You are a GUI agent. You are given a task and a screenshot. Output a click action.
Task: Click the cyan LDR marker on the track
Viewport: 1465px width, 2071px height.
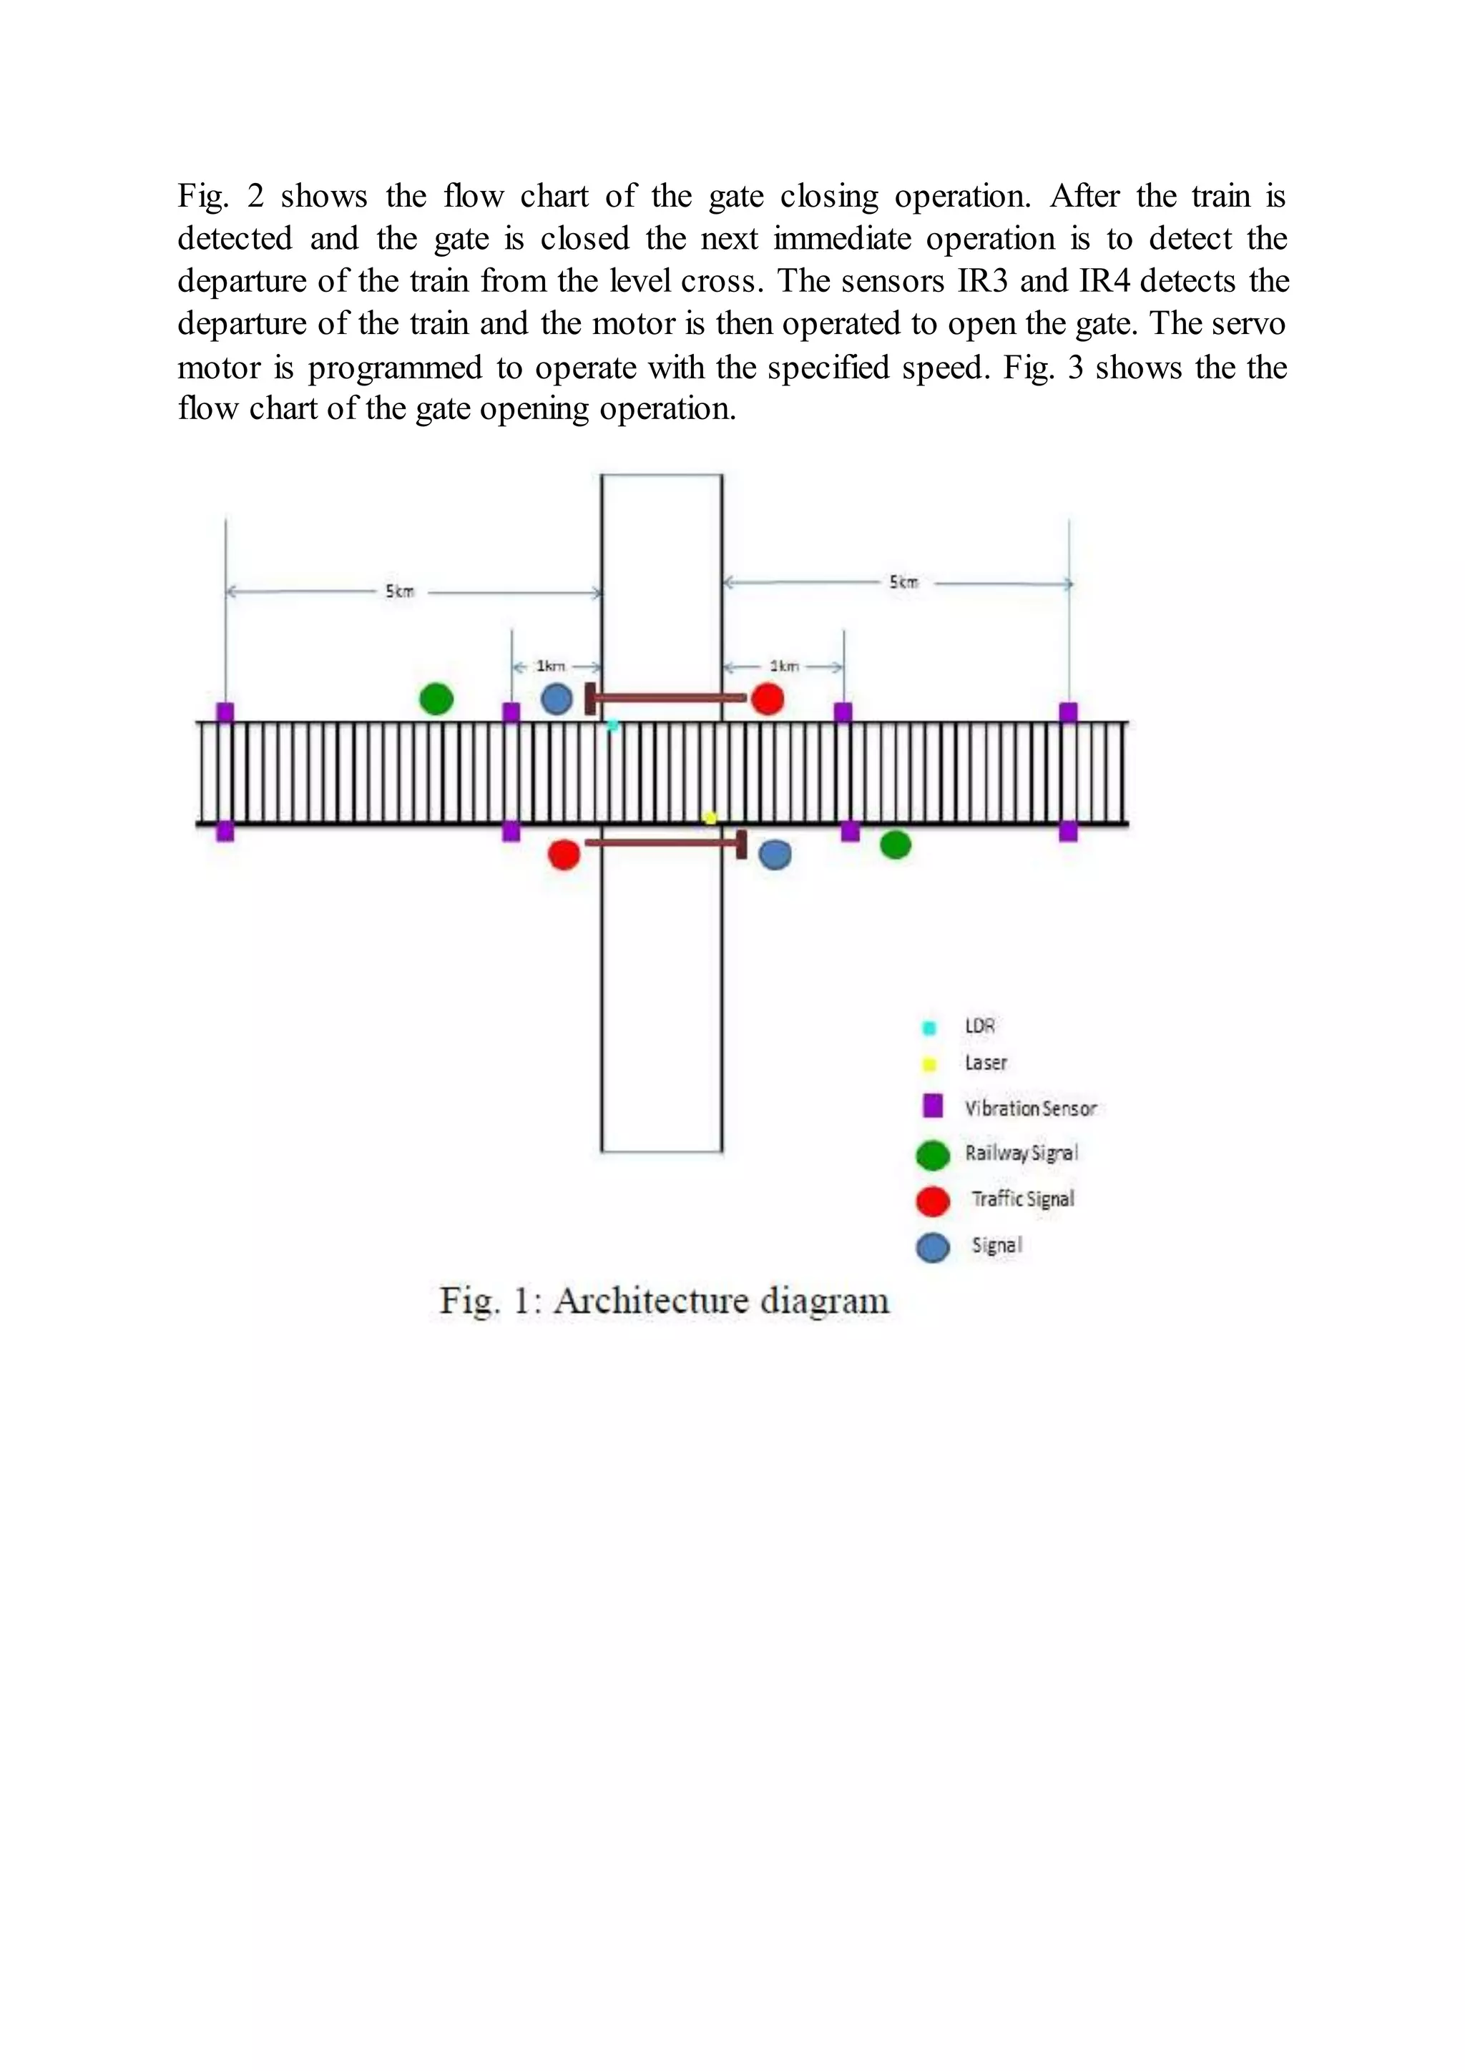612,725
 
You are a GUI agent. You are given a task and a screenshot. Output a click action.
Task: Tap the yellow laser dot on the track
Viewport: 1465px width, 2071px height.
710,818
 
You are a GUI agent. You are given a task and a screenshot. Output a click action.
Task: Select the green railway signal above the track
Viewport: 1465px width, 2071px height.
436,698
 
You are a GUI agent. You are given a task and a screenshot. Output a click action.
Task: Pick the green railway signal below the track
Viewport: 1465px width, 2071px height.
895,845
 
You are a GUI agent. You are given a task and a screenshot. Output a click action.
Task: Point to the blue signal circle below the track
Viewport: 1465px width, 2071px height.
775,854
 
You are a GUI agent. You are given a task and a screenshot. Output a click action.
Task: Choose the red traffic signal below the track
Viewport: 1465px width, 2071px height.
564,854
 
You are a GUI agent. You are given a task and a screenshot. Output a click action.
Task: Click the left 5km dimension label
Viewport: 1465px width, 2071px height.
400,591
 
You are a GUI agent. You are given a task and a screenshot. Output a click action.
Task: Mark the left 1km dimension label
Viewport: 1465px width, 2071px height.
550,666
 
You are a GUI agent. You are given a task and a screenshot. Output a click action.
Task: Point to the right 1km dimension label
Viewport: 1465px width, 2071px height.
784,666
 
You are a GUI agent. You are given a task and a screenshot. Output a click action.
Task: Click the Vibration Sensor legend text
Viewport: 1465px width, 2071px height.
1030,1108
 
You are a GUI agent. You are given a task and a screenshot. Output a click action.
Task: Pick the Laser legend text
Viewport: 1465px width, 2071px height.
986,1063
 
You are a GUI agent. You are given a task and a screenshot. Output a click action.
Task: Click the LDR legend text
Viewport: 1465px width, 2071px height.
980,1025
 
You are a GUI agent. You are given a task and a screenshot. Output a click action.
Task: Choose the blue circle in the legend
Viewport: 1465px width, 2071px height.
933,1247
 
